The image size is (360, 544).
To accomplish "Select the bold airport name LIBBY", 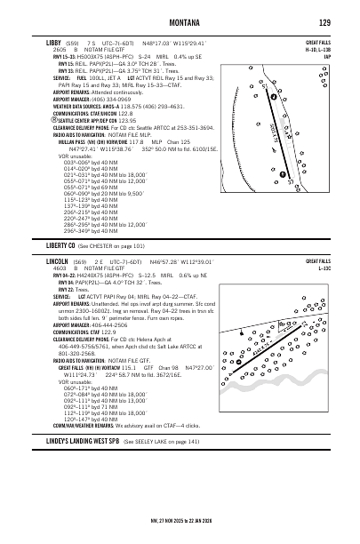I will click(x=53, y=40).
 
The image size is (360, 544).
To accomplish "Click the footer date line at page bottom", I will click(x=179, y=522).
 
